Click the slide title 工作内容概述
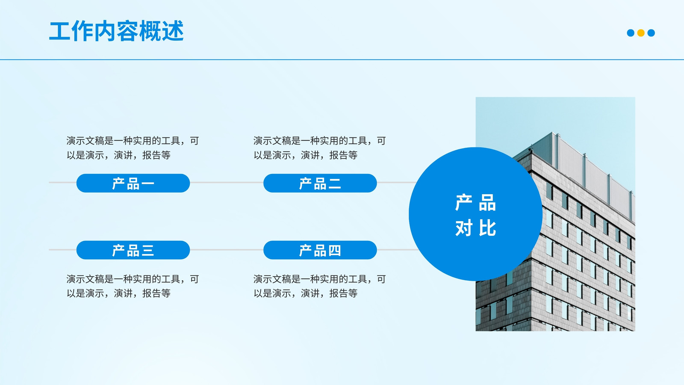pos(116,31)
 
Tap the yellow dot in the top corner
pos(641,33)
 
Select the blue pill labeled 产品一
pos(133,183)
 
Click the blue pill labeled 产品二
pos(320,183)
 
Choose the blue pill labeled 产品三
pos(133,250)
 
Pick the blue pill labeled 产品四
pos(320,250)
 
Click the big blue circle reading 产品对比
pos(475,214)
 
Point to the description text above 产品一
pos(133,148)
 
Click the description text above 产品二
pos(320,148)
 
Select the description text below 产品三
pos(133,286)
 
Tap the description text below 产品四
pos(320,286)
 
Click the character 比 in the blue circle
pos(487,228)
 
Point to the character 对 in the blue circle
pos(464,228)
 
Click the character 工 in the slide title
pos(60,31)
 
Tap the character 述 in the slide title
pos(173,31)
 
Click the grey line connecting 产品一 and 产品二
pos(227,182)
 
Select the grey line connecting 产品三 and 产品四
pos(227,250)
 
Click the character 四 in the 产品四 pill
pos(334,250)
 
